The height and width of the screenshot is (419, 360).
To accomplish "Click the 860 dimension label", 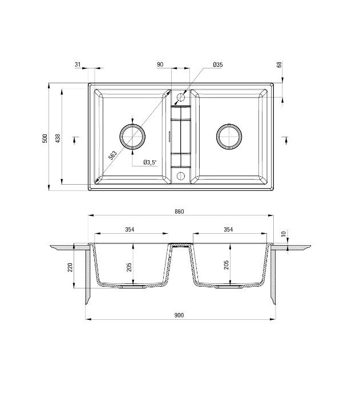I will (x=179, y=211).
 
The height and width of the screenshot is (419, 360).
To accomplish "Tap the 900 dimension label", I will (x=179, y=315).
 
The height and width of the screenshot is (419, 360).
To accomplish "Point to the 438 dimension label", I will (x=58, y=138).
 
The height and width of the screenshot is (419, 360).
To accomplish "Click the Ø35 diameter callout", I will (x=217, y=65).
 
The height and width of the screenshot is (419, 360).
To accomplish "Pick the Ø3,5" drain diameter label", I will (x=149, y=162).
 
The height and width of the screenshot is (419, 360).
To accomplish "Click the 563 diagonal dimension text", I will (x=112, y=154).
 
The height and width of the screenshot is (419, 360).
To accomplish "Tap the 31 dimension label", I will (x=78, y=65).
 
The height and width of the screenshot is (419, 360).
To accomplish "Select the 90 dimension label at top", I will (x=160, y=65).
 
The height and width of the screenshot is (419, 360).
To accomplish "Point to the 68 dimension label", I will (x=280, y=65).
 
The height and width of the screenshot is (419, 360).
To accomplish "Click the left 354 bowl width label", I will (x=130, y=230).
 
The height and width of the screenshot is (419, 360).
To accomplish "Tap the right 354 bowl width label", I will (x=228, y=230).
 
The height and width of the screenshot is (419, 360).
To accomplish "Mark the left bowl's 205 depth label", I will (x=130, y=267).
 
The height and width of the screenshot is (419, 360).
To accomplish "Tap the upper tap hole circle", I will (x=181, y=97).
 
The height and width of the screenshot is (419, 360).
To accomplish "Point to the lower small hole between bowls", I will (x=181, y=175).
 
